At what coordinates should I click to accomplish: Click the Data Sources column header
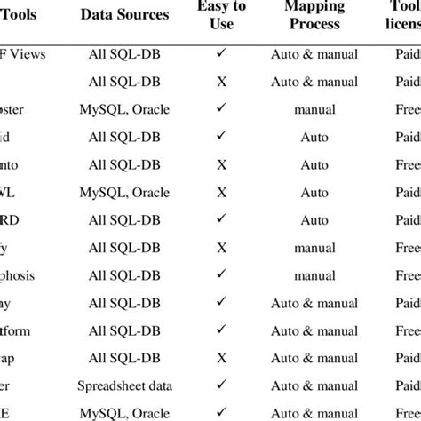124,14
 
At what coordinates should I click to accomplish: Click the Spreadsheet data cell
124,386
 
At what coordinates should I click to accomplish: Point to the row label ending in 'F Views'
29,54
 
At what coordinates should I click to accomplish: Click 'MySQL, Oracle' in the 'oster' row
124,109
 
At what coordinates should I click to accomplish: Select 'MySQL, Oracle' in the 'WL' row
124,193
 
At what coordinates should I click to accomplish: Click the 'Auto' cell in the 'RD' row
314,220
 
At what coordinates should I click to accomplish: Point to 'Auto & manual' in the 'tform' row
314,331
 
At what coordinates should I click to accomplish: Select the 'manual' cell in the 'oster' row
314,109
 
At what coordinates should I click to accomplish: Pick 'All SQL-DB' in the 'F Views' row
124,54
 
